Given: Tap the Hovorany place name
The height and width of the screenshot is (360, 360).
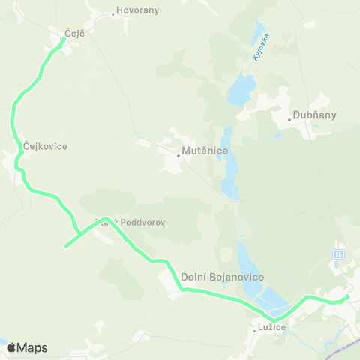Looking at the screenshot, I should [136, 13].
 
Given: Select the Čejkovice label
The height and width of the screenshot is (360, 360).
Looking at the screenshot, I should [45, 146].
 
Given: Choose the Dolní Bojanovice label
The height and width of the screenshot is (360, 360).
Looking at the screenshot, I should [223, 277].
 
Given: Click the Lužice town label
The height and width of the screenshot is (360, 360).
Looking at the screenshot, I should [271, 328].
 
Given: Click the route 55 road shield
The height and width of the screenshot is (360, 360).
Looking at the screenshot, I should [340, 255].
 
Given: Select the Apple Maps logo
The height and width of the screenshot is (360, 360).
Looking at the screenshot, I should [27, 347].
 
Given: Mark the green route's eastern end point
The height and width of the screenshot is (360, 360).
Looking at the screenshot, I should [347, 297].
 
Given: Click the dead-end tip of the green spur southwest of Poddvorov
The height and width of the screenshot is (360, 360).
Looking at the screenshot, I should [66, 246].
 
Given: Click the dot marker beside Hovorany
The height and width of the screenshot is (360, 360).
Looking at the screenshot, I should [112, 13].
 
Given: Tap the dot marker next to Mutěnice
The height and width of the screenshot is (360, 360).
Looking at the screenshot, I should [178, 156].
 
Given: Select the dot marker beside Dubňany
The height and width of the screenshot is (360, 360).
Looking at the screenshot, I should [289, 119].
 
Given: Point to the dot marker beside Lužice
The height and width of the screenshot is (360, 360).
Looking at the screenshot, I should [253, 328].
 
